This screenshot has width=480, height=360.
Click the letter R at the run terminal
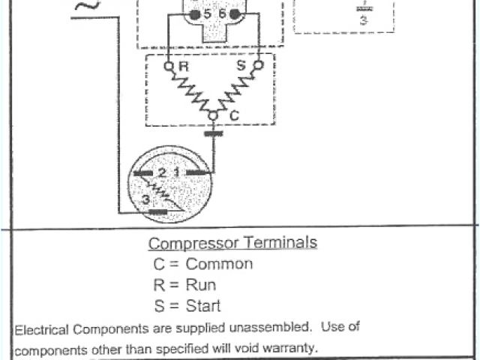tap(183, 67)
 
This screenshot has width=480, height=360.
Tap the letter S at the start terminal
tap(242, 66)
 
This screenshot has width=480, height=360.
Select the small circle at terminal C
tap(213, 115)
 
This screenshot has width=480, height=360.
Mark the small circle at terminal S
tap(259, 65)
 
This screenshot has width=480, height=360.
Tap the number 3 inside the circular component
tap(145, 199)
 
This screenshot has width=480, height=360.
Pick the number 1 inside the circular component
tap(175, 172)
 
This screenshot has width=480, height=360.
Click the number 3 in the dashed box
tap(363, 20)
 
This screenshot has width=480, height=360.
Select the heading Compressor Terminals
tap(232, 243)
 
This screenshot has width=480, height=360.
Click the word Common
tap(219, 264)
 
